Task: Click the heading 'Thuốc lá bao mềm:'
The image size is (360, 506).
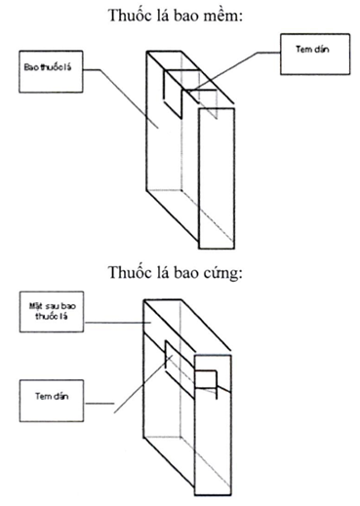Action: click(176, 16)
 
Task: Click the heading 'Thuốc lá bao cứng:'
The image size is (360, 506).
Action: click(176, 272)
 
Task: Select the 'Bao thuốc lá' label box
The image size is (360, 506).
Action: click(51, 71)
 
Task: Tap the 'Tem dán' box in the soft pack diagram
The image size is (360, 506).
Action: click(315, 54)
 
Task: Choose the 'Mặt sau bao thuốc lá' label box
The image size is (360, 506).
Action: click(52, 311)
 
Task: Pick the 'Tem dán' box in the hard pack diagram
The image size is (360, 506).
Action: click(52, 401)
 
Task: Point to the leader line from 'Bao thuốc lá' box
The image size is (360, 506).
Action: click(121, 97)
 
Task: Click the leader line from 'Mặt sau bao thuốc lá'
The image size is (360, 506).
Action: click(117, 323)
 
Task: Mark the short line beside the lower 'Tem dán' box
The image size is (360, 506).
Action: click(100, 404)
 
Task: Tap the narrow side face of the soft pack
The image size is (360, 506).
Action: click(217, 178)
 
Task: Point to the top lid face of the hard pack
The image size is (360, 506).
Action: click(187, 325)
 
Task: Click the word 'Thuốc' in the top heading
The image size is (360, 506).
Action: click(125, 16)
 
